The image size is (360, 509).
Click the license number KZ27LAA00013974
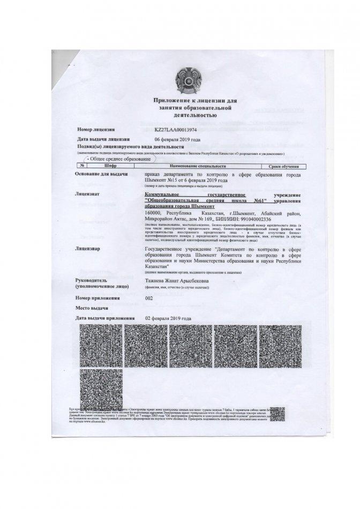point(176,130)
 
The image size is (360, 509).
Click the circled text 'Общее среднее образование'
point(121,160)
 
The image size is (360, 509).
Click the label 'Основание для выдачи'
point(102,175)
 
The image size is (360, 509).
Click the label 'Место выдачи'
point(92,309)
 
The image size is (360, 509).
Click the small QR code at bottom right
point(277,415)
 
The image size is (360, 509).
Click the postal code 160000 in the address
point(154,213)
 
